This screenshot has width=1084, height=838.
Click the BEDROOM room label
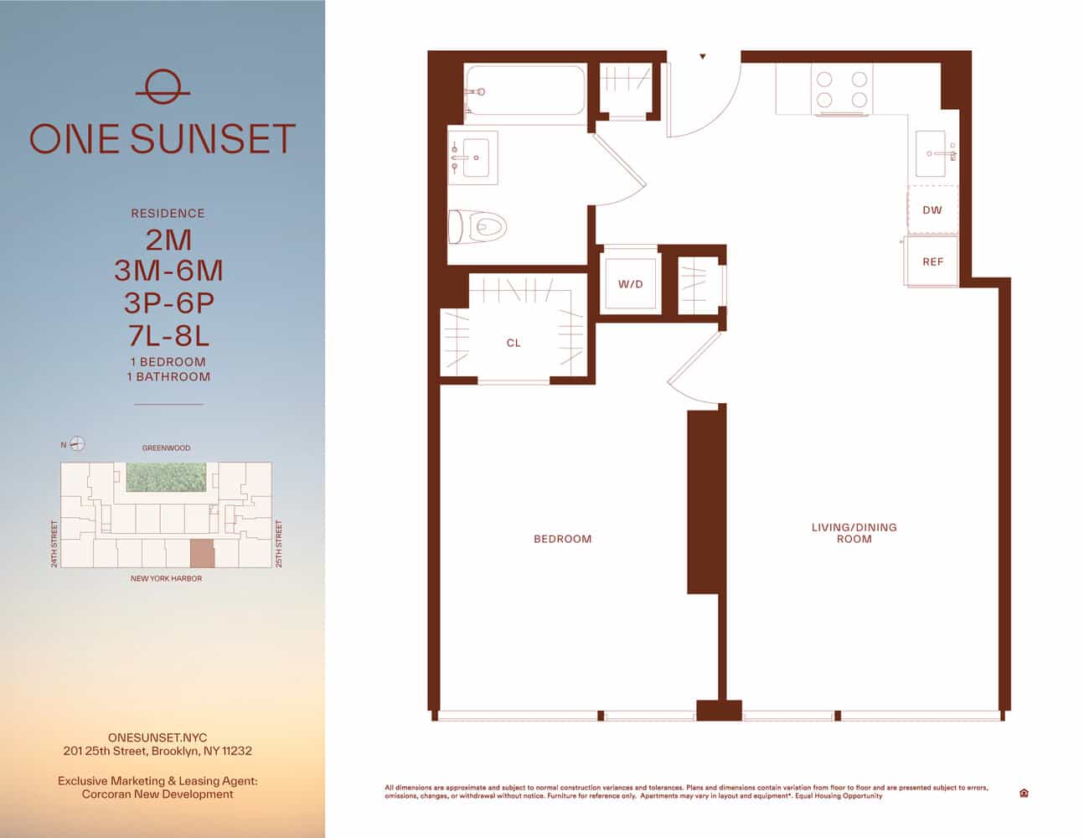562,539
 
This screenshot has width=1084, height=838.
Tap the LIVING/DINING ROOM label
854,533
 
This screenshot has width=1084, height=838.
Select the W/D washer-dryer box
631,284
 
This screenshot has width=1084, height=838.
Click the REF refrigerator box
932,261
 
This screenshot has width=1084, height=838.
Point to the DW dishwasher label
932,210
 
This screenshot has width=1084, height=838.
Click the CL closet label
514,343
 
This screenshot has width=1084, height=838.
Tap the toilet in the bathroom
480,226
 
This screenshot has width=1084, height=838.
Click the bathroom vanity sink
474,154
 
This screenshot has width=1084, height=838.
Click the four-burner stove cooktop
841,90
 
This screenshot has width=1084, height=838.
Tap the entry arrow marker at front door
703,57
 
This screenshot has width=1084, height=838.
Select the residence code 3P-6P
168,303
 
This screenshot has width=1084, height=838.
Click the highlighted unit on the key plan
202,554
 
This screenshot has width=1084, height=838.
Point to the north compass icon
77,444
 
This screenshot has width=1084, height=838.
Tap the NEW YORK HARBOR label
166,578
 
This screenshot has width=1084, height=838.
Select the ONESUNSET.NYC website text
157,737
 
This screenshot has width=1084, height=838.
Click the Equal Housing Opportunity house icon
1024,793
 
